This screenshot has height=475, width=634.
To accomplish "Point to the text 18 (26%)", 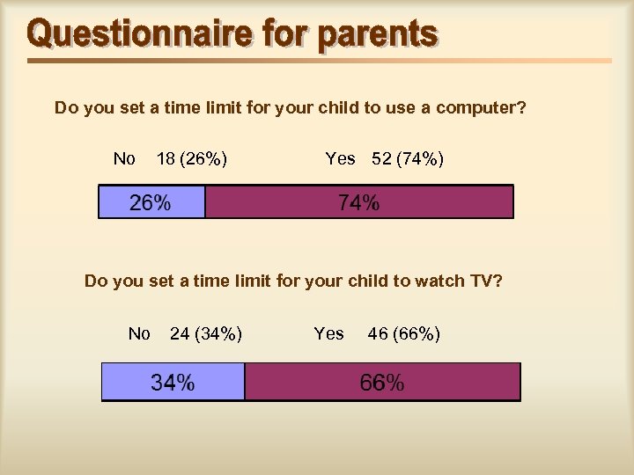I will (192, 159).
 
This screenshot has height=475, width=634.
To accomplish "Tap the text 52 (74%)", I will (408, 159).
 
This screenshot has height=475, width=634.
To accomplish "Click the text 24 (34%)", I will (206, 333).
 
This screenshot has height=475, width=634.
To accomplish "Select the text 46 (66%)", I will (404, 333).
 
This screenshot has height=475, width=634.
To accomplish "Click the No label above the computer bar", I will (124, 159).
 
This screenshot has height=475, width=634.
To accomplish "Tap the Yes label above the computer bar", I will (340, 159).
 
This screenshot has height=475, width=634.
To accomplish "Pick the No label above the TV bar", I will (139, 333).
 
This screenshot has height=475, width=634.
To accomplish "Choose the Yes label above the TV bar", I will (328, 333).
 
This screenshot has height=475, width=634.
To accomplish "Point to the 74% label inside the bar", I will (359, 202).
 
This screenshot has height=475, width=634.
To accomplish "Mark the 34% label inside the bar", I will (173, 383).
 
